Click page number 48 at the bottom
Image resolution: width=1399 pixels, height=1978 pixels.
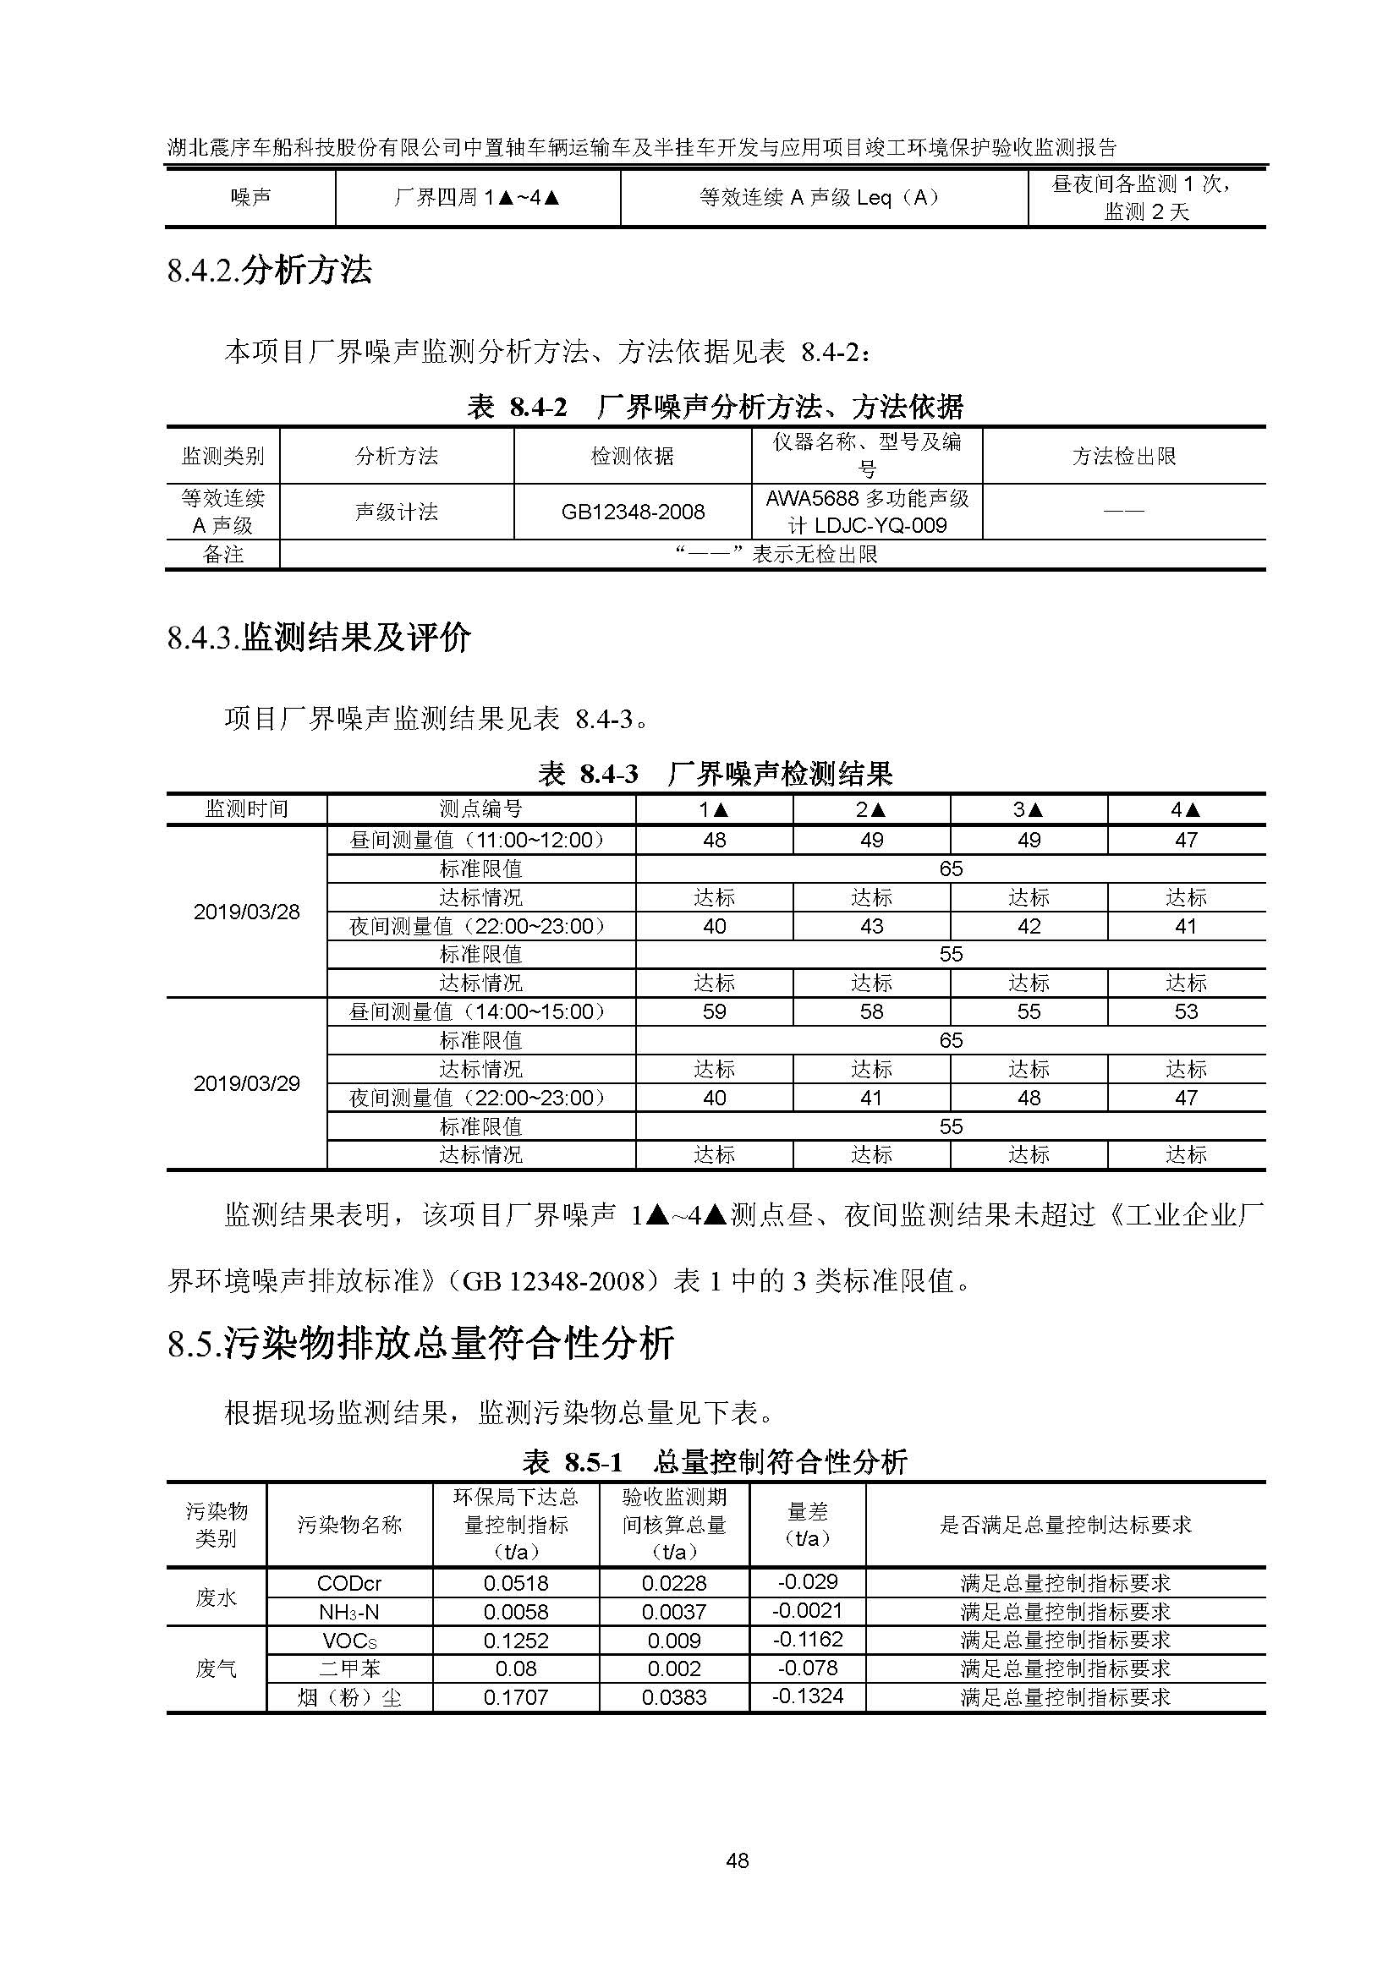click(x=738, y=1860)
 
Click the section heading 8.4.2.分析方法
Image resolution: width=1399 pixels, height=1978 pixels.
click(x=270, y=271)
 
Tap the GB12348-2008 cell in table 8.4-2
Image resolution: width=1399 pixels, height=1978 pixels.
click(x=633, y=512)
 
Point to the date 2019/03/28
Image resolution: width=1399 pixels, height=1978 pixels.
click(x=246, y=912)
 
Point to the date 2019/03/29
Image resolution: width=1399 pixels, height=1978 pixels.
click(x=246, y=1083)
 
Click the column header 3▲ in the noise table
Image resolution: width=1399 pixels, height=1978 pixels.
click(x=1029, y=809)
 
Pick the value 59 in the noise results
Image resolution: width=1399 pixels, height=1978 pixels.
click(x=714, y=1011)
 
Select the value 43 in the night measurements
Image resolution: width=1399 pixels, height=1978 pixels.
click(x=871, y=926)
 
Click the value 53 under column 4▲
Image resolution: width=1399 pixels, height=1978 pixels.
click(x=1186, y=1011)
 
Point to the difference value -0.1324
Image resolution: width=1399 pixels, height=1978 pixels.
click(x=807, y=1696)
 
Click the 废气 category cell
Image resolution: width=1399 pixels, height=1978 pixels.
click(x=216, y=1668)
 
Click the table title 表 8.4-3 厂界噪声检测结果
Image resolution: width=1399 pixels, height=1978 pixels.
click(x=715, y=774)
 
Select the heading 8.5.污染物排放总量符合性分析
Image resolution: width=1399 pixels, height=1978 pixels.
click(x=420, y=1345)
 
